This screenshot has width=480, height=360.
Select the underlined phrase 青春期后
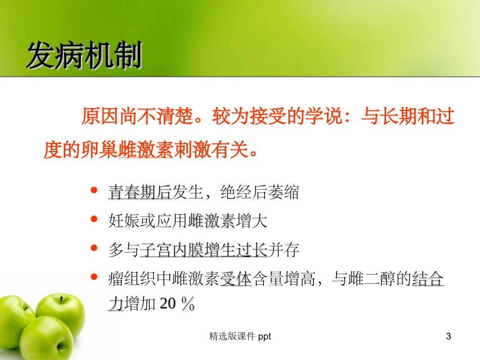(x=140, y=192)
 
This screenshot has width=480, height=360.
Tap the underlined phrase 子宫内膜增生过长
(x=204, y=249)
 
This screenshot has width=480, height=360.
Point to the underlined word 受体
(x=236, y=278)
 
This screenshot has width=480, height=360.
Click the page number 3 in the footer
(x=448, y=337)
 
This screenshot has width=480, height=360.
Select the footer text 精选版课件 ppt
(x=240, y=337)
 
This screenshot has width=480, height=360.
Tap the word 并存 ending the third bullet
(x=283, y=249)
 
